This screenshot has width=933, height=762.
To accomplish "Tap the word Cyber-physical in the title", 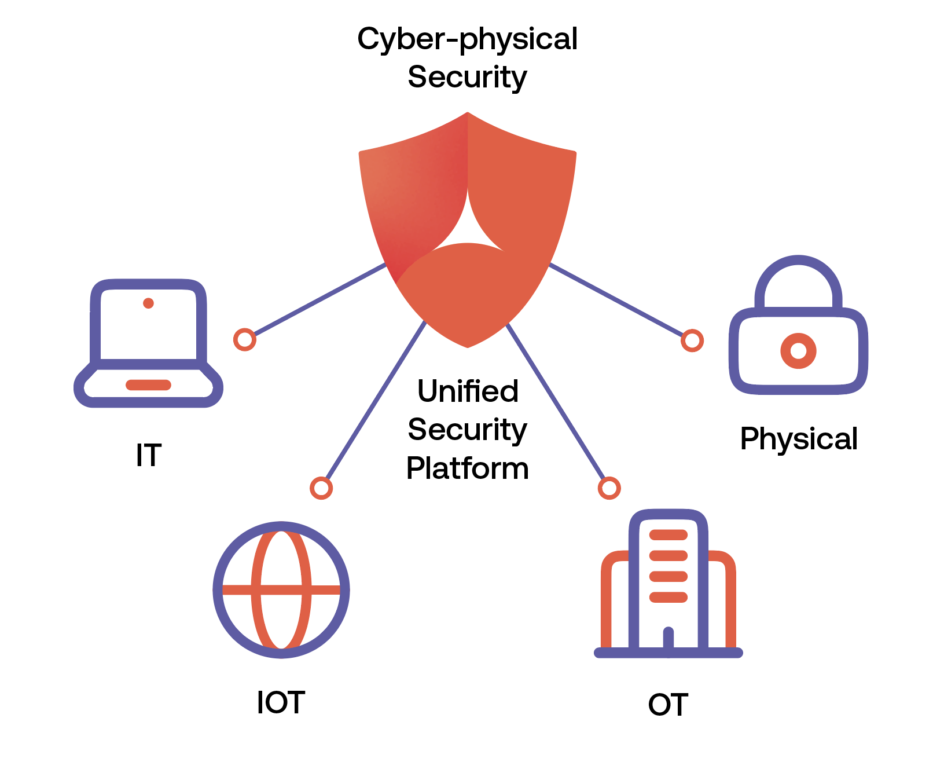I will tap(467, 39).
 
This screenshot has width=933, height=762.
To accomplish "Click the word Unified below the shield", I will tap(468, 391).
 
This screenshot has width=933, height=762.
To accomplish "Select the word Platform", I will tap(467, 468).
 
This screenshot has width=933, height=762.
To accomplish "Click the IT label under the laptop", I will tap(148, 455).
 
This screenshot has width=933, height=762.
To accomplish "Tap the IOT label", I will tap(281, 702).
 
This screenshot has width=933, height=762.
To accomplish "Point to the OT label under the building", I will tap(668, 705).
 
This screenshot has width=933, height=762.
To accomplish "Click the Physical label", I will tap(799, 439).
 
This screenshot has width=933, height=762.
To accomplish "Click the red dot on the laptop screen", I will tap(148, 303).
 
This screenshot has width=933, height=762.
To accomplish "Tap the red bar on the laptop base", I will tap(148, 385).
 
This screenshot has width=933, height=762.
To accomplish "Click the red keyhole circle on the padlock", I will tap(798, 351).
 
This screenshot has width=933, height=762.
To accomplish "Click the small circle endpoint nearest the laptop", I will tap(245, 339).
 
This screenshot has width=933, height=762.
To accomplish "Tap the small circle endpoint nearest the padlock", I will tap(692, 340).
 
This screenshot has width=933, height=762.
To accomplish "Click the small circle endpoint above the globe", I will tap(321, 488).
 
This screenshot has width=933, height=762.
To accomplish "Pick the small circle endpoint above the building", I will tap(609, 488).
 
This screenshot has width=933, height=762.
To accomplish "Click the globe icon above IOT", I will tap(281, 589).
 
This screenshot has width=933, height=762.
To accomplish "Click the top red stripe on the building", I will tap(668, 535).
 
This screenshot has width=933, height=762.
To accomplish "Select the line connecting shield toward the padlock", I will tap(616, 300).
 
